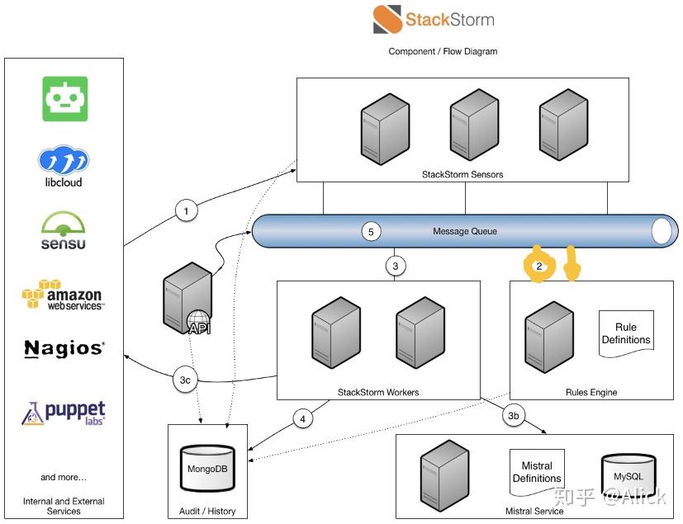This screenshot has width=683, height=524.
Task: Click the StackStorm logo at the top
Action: pos(434,19)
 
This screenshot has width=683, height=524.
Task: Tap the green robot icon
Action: pos(64,99)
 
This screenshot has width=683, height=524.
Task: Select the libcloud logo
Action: pos(64,166)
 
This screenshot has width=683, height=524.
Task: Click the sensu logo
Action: pos(64,230)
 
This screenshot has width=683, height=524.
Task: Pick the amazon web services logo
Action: pos(63,295)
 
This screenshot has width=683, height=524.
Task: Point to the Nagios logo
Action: pos(64,349)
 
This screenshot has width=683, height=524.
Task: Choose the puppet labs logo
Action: pos(64,412)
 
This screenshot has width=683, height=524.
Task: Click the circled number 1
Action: pos(187,211)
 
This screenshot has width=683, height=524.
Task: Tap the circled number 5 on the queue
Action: pos(372,232)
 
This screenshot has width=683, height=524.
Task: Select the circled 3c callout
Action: pos(187,380)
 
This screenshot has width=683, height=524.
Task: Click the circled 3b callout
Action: pos(513,416)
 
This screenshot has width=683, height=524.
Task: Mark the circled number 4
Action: pos(303,419)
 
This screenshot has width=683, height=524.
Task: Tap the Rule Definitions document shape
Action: pos(626,333)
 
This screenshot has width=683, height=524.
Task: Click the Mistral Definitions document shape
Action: pos(537,472)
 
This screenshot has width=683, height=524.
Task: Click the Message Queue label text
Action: pos(465,231)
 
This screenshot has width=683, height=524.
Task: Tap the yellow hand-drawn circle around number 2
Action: pos(539,266)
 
